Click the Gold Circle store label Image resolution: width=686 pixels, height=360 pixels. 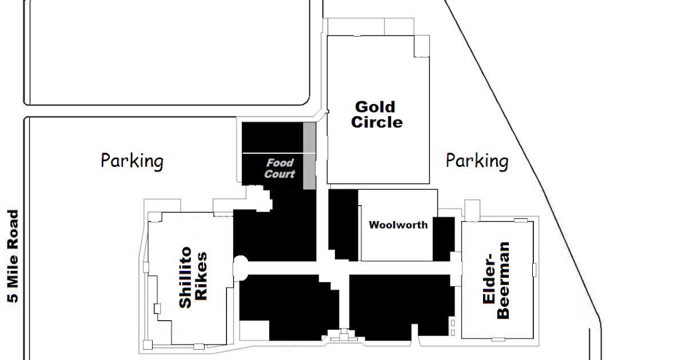[x=377, y=115]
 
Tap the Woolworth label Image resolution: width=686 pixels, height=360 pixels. [x=398, y=225]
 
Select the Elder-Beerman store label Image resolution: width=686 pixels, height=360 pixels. [x=496, y=281]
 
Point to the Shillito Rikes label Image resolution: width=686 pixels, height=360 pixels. [x=193, y=277]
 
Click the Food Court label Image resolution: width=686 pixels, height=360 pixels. [x=280, y=169]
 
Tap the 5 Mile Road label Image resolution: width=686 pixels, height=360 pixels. [x=13, y=256]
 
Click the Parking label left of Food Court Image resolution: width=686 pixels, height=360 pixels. [x=132, y=161]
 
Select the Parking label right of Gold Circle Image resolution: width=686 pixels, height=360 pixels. [x=477, y=161]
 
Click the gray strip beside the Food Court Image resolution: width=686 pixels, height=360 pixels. [x=309, y=156]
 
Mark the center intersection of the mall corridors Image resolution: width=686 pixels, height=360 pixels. [x=333, y=268]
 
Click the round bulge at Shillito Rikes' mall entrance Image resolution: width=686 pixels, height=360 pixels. [x=241, y=268]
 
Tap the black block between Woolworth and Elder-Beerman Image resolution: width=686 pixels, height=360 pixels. [x=444, y=239]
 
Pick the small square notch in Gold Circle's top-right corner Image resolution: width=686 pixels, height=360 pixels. [x=422, y=46]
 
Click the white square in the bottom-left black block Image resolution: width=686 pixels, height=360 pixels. [x=254, y=330]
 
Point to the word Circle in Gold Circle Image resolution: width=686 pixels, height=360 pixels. [x=377, y=122]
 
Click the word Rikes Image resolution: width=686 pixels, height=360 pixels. [x=201, y=276]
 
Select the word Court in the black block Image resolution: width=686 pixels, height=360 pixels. [x=280, y=174]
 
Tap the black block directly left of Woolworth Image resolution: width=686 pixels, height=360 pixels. [x=343, y=225]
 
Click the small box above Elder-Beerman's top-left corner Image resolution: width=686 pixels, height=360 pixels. [x=472, y=211]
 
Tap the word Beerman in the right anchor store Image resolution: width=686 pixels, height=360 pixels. [x=504, y=281]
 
